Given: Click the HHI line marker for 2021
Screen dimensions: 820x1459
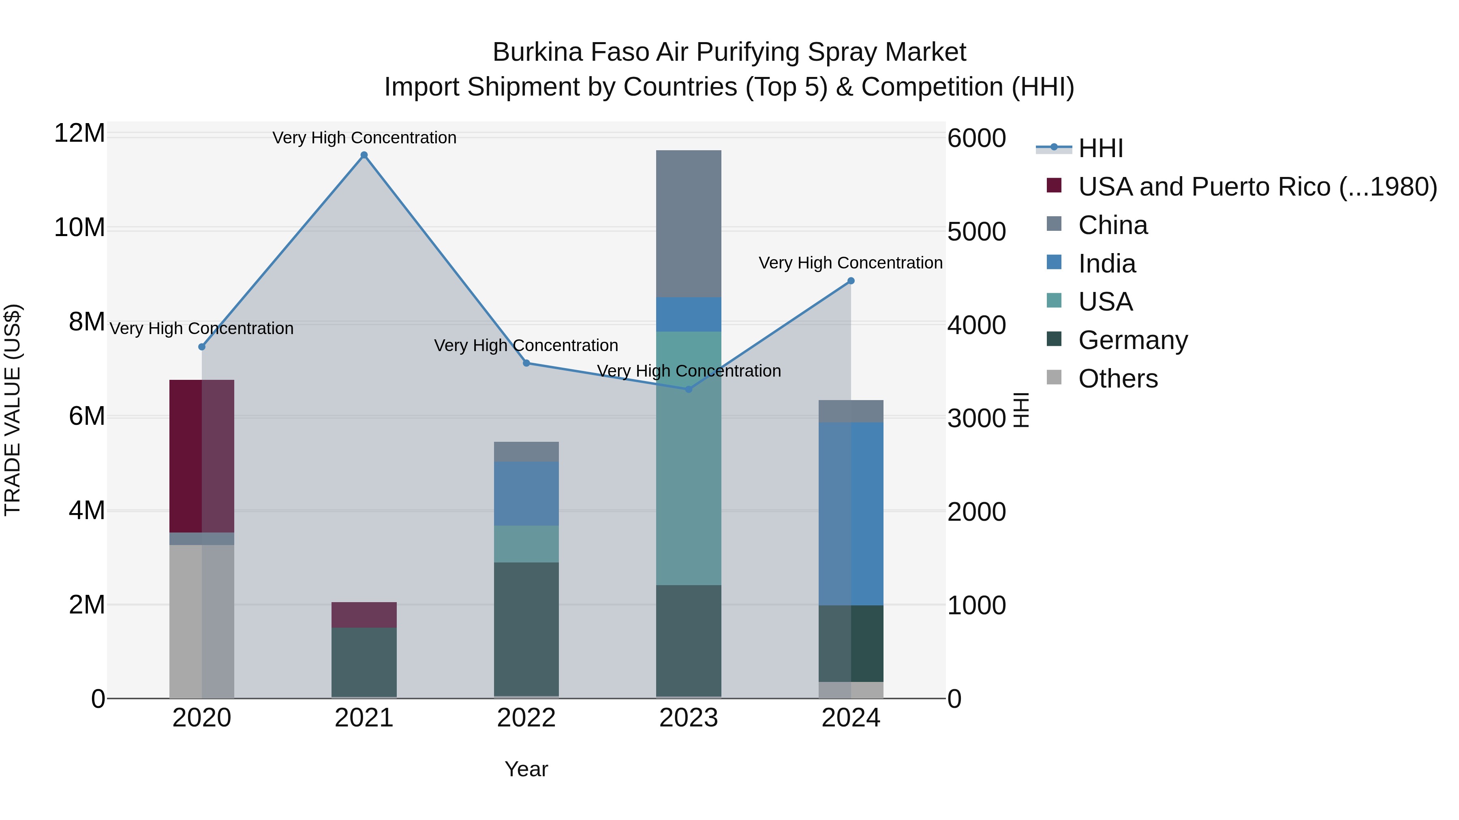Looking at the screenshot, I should pyautogui.click(x=364, y=155).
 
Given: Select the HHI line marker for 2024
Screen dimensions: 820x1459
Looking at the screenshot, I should pyautogui.click(x=851, y=281).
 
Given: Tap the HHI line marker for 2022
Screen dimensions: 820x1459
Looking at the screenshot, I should pyautogui.click(x=526, y=363).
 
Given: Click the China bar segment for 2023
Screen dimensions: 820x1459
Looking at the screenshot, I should pyautogui.click(x=689, y=224).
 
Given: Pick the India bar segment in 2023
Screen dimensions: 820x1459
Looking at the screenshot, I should pyautogui.click(x=689, y=314).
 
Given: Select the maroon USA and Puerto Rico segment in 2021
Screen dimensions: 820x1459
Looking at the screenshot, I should pyautogui.click(x=364, y=615).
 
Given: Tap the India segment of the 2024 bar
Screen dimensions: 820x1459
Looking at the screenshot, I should pyautogui.click(x=851, y=513).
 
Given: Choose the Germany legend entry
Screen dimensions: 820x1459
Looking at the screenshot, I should pyautogui.click(x=1133, y=341).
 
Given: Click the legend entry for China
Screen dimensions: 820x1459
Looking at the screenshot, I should pyautogui.click(x=1113, y=225).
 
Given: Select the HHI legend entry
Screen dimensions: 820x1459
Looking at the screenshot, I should pyautogui.click(x=1100, y=148).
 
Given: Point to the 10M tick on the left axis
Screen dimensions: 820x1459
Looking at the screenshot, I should pyautogui.click(x=79, y=228).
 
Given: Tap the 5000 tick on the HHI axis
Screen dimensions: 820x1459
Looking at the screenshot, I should pyautogui.click(x=976, y=232).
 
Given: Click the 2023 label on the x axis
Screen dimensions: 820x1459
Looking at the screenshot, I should pyautogui.click(x=689, y=718).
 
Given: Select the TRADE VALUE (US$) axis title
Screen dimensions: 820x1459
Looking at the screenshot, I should pyautogui.click(x=13, y=410).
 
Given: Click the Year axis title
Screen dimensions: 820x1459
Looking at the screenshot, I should pyautogui.click(x=526, y=769).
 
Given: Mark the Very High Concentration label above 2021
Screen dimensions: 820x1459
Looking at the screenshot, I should pyautogui.click(x=364, y=138).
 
